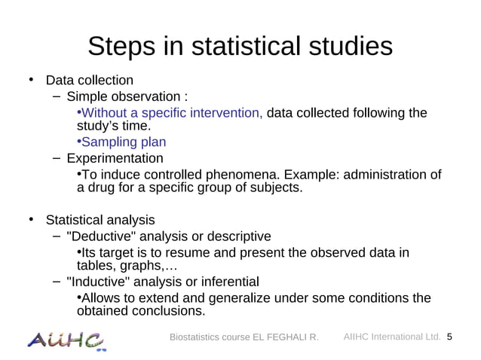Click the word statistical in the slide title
coord(253,47)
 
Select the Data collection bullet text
coord(89,81)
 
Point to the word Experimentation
coord(115,159)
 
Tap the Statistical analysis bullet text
coord(100,220)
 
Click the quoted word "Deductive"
coord(98,236)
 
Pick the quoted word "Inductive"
coord(94,282)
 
